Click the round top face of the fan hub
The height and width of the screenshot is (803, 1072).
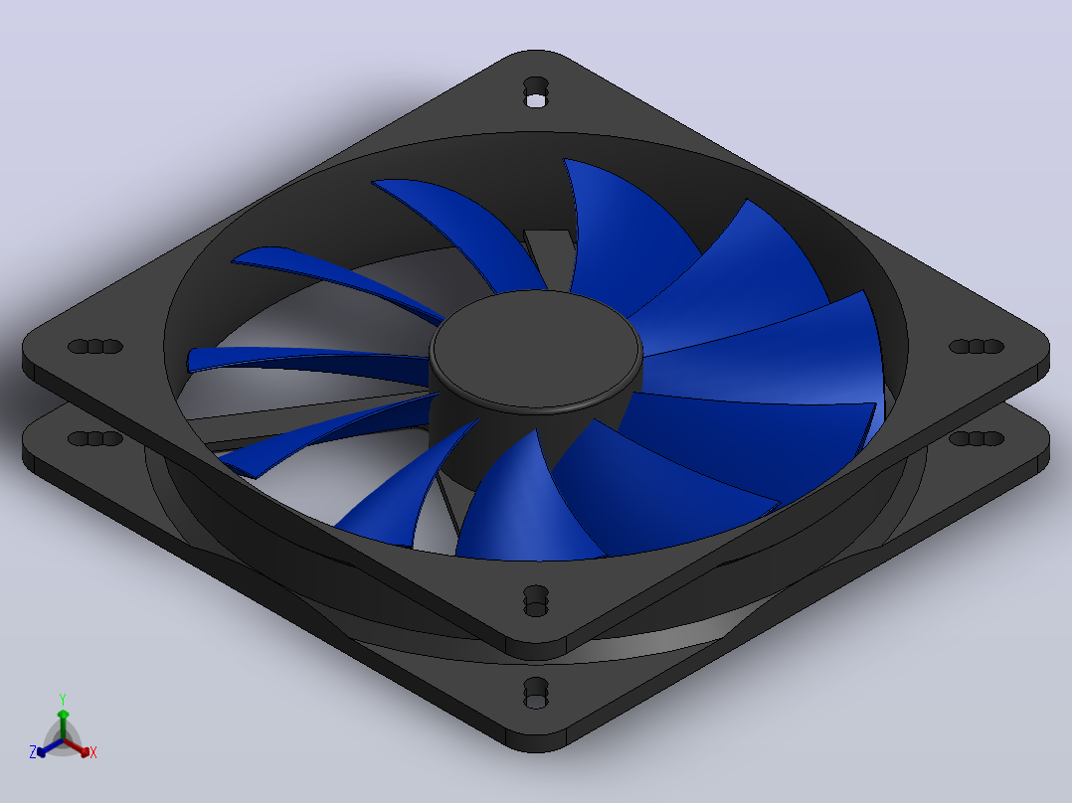pyautogui.click(x=535, y=349)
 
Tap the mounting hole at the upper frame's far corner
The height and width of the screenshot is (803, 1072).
pyautogui.click(x=535, y=91)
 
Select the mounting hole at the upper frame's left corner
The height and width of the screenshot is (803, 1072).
pyautogui.click(x=95, y=347)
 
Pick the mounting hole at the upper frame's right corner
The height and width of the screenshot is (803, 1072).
pyautogui.click(x=977, y=347)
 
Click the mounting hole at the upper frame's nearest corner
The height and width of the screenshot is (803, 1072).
pyautogui.click(x=535, y=600)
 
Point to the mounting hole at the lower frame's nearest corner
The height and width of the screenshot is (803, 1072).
pyautogui.click(x=535, y=693)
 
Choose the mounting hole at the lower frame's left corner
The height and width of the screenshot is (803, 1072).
pyautogui.click(x=95, y=438)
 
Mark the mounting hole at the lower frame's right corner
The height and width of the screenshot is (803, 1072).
pyautogui.click(x=977, y=438)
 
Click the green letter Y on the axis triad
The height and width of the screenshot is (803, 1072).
pyautogui.click(x=63, y=699)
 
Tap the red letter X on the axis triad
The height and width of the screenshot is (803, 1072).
pyautogui.click(x=93, y=752)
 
